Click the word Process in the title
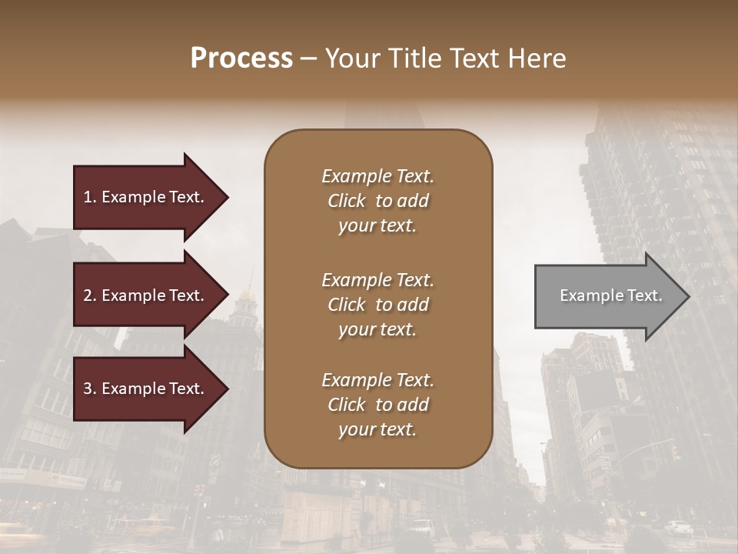pyautogui.click(x=241, y=58)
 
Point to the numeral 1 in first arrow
pyautogui.click(x=88, y=197)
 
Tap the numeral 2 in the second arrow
pyautogui.click(x=88, y=295)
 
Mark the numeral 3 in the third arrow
pyautogui.click(x=88, y=389)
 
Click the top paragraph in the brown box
pyautogui.click(x=377, y=201)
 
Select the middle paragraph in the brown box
pyautogui.click(x=377, y=305)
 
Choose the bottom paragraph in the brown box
pyautogui.click(x=377, y=405)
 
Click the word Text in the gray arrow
pyautogui.click(x=647, y=295)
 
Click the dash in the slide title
pyautogui.click(x=309, y=58)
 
